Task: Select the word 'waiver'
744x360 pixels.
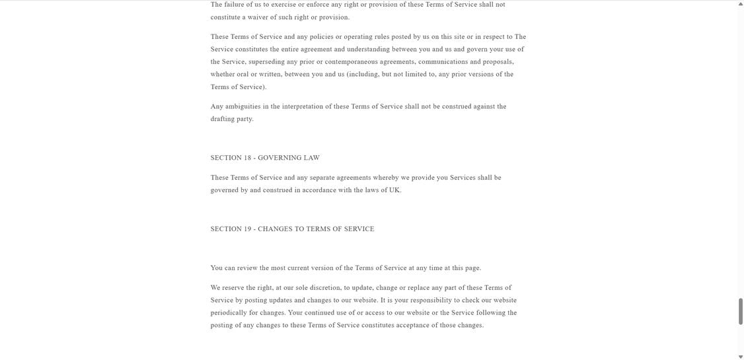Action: pyautogui.click(x=257, y=17)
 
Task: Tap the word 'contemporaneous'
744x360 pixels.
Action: pyautogui.click(x=350, y=62)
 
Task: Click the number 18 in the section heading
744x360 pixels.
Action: pyautogui.click(x=248, y=159)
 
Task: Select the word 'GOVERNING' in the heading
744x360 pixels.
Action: pyautogui.click(x=278, y=159)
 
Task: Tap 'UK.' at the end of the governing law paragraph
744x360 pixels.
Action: pyautogui.click(x=395, y=191)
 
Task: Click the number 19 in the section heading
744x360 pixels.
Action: pyautogui.click(x=248, y=230)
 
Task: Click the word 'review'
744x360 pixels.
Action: pyautogui.click(x=246, y=269)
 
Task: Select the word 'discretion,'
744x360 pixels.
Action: pyautogui.click(x=325, y=289)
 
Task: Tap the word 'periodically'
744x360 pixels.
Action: pyautogui.click(x=228, y=313)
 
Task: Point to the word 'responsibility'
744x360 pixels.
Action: pyautogui.click(x=430, y=301)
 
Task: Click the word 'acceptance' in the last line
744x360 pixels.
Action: pyautogui.click(x=412, y=326)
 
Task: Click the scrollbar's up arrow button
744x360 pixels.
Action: pyautogui.click(x=740, y=4)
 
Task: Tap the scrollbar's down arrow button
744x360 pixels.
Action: pyautogui.click(x=740, y=357)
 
